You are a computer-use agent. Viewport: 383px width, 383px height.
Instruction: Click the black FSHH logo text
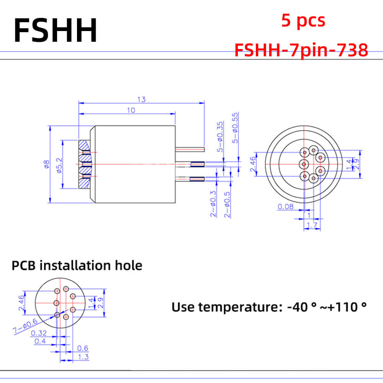coord(56,30)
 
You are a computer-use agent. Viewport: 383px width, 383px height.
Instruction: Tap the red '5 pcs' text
coord(303,21)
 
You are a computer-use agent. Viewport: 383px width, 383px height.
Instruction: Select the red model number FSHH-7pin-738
coord(301,50)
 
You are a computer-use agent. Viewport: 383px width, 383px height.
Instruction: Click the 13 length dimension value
coord(141,100)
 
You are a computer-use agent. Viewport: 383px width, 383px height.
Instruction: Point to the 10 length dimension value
coord(131,110)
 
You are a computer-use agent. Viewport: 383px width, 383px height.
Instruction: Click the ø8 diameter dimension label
coord(46,164)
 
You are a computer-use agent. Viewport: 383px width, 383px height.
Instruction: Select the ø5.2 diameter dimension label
coord(60,165)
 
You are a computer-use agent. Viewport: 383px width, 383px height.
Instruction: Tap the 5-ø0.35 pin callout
coord(220,137)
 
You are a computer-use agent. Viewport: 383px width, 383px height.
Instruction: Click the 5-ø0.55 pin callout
coord(235,128)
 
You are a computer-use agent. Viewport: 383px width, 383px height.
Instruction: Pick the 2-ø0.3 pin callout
coord(213,204)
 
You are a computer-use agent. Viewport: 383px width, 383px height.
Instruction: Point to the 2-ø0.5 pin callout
coord(227,205)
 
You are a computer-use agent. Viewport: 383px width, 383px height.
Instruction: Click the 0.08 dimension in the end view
coord(286,207)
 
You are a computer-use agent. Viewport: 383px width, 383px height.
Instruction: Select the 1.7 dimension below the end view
coord(312,225)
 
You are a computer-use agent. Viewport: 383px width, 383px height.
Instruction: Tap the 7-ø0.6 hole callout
coord(25,326)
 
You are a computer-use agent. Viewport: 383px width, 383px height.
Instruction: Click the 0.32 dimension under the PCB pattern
coord(39,333)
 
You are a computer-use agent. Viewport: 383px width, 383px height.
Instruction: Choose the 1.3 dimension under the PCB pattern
coord(83,357)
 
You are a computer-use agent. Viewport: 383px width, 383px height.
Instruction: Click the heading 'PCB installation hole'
coord(77,265)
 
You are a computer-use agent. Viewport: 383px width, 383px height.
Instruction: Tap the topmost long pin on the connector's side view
coord(190,149)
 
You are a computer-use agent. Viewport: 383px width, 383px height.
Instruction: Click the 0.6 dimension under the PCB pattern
coord(83,348)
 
